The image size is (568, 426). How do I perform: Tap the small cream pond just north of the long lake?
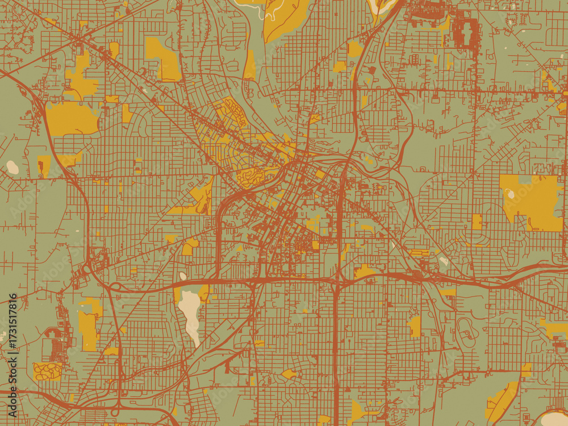183,277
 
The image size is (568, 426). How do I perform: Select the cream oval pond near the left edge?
12,168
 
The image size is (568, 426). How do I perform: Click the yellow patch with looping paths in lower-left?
48,371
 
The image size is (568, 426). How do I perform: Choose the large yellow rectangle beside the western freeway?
71,118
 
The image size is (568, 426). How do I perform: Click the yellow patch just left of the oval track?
415,327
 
